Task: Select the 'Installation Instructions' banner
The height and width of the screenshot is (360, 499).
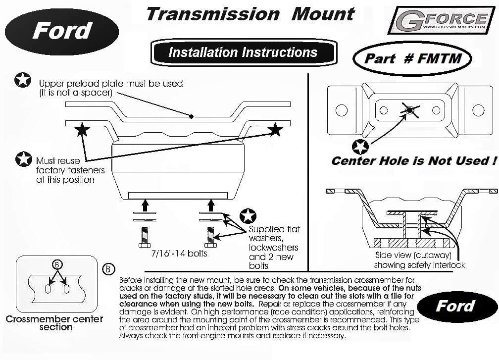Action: pyautogui.click(x=243, y=52)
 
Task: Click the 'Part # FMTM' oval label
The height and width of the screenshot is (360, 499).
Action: pyautogui.click(x=412, y=59)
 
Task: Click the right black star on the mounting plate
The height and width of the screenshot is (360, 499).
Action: pyautogui.click(x=275, y=130)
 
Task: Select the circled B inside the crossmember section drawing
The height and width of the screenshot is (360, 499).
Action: pyautogui.click(x=57, y=265)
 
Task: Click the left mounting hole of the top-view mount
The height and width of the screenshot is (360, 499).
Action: pyautogui.click(x=341, y=110)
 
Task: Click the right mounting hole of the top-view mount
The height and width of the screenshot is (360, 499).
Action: pyautogui.click(x=478, y=110)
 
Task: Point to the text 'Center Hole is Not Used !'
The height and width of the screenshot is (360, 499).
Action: pyautogui.click(x=413, y=161)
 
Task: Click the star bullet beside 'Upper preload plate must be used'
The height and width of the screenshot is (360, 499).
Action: pyautogui.click(x=22, y=80)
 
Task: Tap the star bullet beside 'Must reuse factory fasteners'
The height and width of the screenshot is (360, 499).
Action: pyautogui.click(x=23, y=159)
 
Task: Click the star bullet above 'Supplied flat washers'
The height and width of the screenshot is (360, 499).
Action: pyautogui.click(x=247, y=216)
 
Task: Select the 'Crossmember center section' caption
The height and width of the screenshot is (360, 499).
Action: pyautogui.click(x=54, y=323)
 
